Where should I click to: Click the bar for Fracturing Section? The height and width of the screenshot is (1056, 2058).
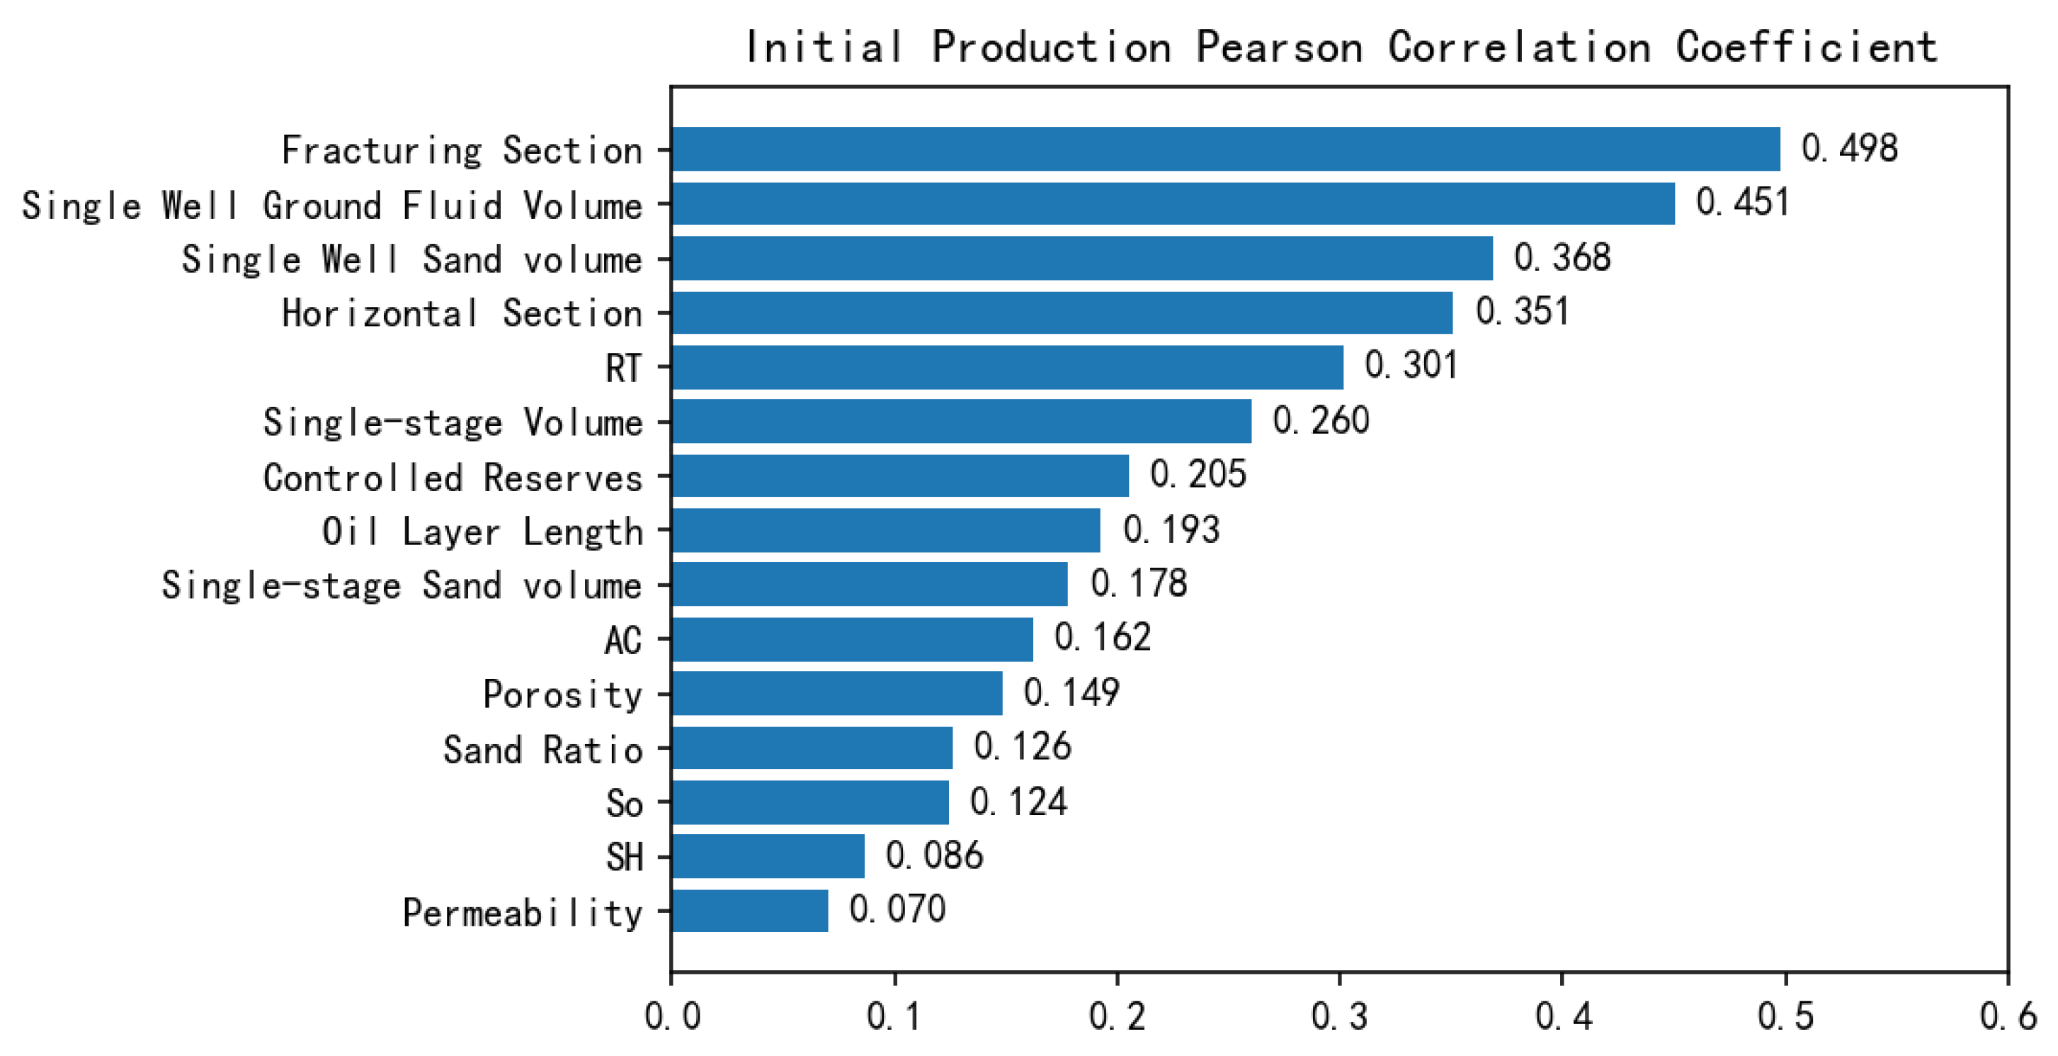point(1226,149)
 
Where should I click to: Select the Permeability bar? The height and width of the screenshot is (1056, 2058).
point(749,911)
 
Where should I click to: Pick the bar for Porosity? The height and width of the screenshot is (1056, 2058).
point(836,693)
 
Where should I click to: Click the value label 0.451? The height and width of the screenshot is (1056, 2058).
point(1741,202)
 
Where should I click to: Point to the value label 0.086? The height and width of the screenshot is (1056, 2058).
point(934,855)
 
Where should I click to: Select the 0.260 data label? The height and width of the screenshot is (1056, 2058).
point(1321,420)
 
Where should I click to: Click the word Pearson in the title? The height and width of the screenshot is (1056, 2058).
point(1278,46)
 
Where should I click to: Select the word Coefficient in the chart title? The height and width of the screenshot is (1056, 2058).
point(1806,46)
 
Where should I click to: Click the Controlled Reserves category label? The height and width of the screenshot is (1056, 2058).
point(453,477)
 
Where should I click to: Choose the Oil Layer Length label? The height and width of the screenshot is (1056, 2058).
point(482,532)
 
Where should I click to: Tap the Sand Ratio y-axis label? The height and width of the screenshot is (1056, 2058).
point(542,750)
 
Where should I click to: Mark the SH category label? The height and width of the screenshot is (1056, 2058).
point(624,857)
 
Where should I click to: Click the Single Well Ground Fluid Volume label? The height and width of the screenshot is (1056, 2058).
point(331,206)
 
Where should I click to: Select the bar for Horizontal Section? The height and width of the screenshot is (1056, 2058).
point(1062,313)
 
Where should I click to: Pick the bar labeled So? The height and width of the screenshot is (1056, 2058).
point(810,802)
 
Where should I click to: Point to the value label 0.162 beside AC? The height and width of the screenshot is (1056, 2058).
point(1103,637)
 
